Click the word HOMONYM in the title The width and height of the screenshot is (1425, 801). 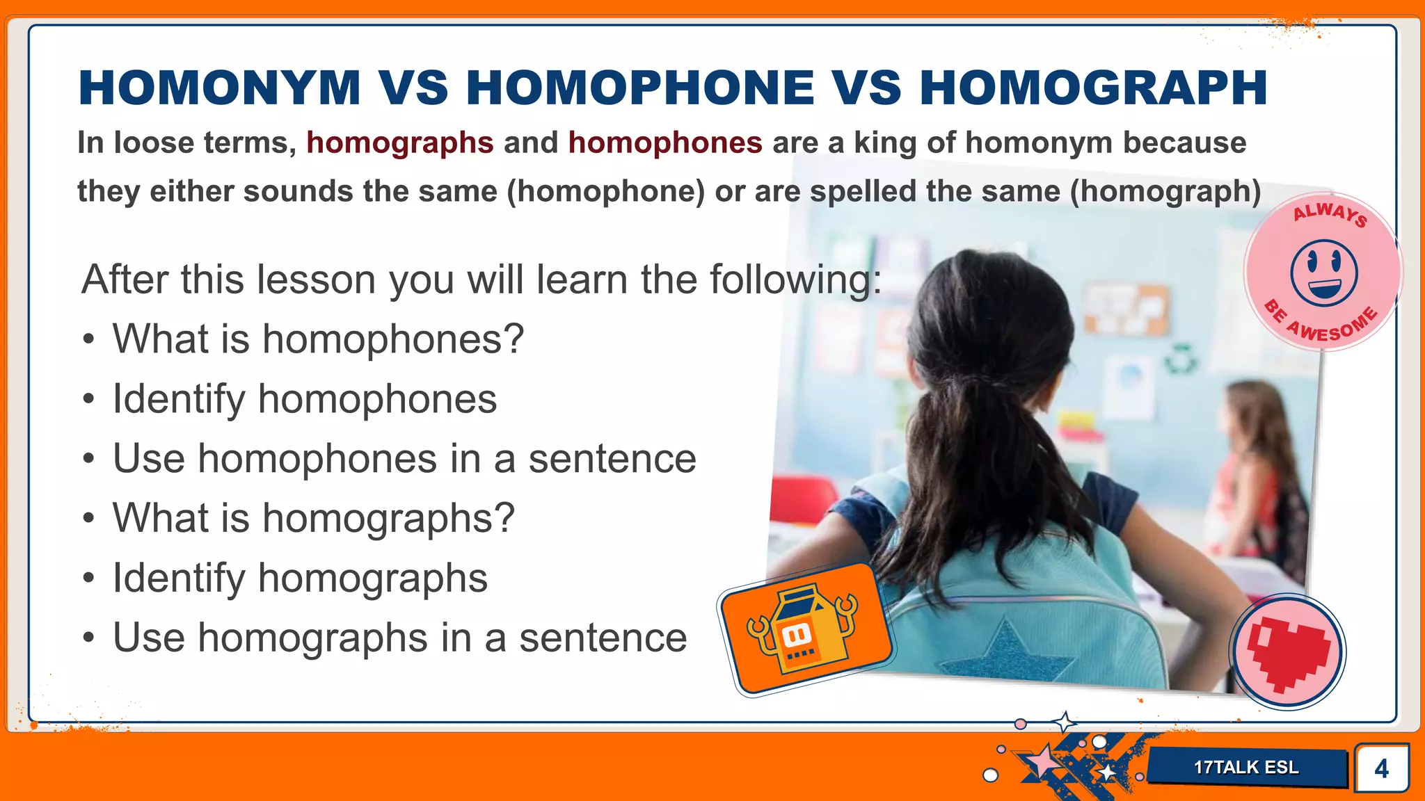pos(219,88)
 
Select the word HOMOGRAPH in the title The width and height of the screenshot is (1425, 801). pos(1093,88)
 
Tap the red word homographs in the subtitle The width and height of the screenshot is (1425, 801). pos(400,143)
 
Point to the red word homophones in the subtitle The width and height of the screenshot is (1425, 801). pos(665,143)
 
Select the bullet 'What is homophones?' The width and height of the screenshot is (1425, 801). pos(318,339)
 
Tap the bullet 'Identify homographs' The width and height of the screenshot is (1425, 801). pos(300,578)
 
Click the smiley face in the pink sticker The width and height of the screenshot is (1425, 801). pos(1323,273)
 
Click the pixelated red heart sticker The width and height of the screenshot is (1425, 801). pos(1288,652)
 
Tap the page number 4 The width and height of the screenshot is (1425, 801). pos(1381,768)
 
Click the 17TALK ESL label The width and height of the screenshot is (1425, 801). pos(1246,768)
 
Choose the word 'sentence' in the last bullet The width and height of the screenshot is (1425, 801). pos(603,638)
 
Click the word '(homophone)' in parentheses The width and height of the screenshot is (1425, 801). pos(606,191)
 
